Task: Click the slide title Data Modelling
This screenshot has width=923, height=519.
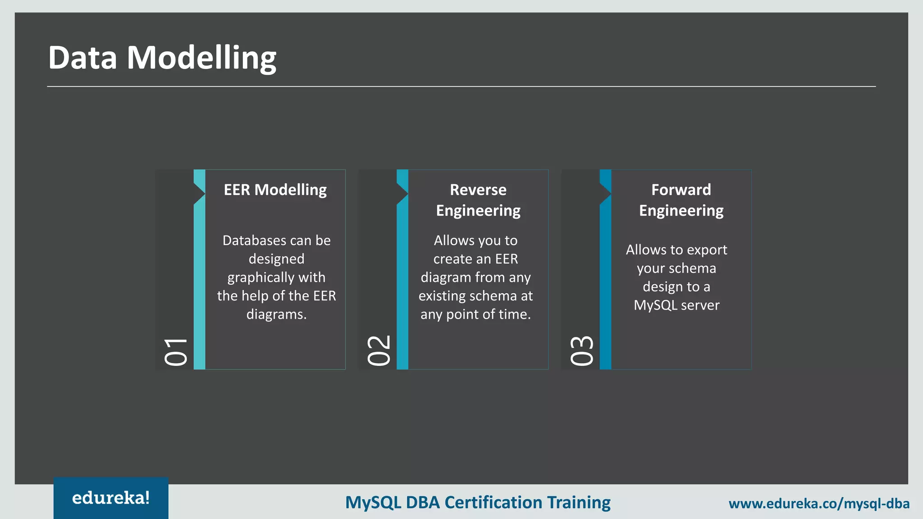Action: [162, 58]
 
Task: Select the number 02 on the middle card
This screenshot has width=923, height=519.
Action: [379, 350]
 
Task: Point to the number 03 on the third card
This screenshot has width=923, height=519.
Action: [581, 350]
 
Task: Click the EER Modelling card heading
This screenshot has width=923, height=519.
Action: [275, 190]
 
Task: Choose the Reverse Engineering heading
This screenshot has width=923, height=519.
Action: [478, 200]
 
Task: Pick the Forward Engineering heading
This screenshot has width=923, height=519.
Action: [681, 200]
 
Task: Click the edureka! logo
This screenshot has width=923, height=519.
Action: [111, 498]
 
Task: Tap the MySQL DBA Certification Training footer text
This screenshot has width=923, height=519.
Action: [478, 502]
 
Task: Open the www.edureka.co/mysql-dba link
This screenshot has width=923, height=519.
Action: [819, 503]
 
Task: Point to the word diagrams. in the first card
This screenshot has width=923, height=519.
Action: [276, 314]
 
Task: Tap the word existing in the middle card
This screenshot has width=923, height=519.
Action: [442, 296]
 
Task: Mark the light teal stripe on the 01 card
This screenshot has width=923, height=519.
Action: [200, 288]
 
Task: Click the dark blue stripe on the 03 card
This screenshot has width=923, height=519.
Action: [605, 288]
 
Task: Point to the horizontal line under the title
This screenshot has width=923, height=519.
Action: [461, 86]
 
